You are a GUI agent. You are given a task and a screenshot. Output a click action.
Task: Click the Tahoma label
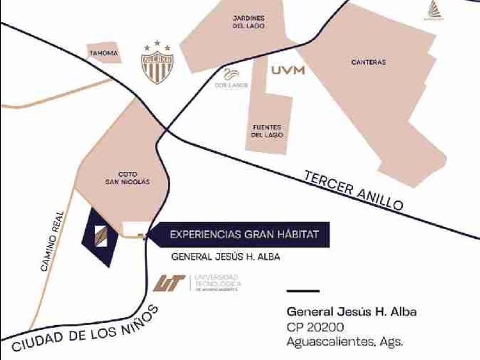coord(103,54)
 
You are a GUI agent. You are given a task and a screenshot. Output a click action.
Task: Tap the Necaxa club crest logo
coord(157,62)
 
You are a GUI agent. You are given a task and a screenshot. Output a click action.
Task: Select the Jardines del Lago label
coord(249,22)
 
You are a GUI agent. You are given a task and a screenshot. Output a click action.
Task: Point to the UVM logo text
coord(288,71)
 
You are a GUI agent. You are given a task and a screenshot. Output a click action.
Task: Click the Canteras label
coord(369,62)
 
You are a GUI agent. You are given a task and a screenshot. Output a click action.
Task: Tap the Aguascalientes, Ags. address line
coord(345,342)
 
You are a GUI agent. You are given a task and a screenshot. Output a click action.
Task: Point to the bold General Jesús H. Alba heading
coord(351,312)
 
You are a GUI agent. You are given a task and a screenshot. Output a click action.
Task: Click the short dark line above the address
coord(302,291)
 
